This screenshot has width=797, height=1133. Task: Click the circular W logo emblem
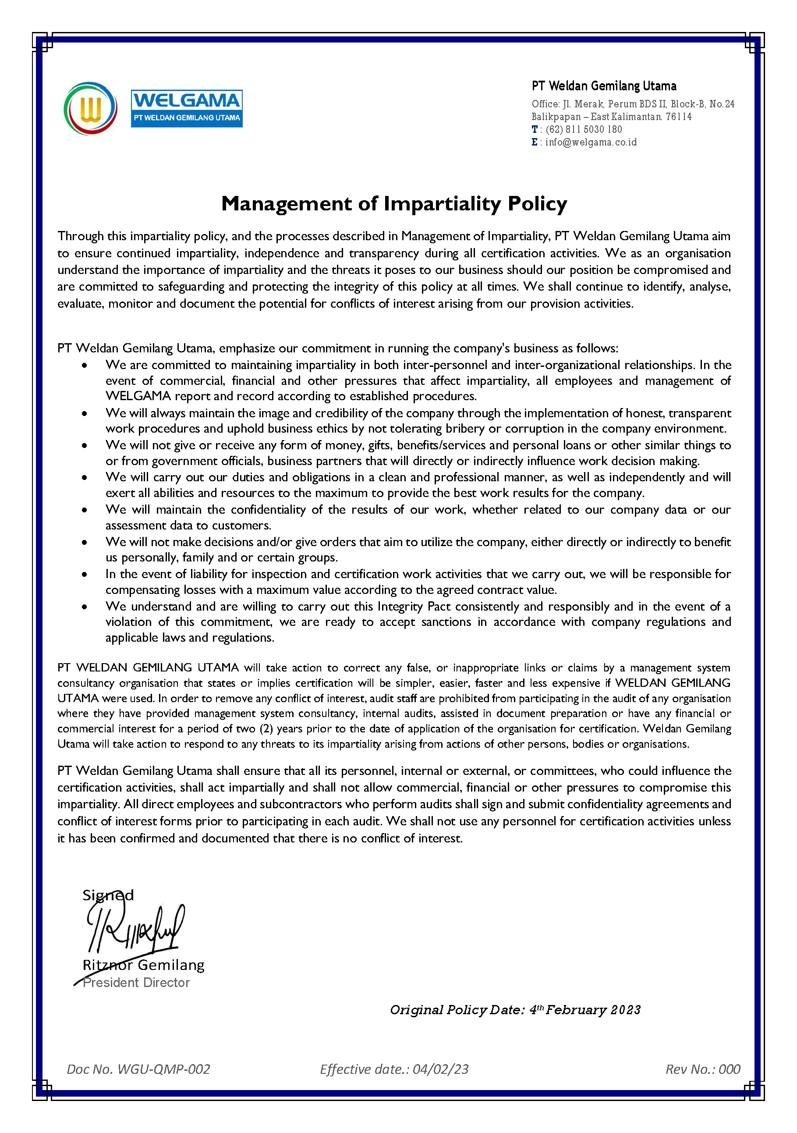(x=90, y=109)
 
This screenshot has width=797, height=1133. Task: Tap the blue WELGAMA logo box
(x=186, y=109)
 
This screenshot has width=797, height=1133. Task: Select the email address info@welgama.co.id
(x=591, y=142)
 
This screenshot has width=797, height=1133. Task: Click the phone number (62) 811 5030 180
(x=584, y=129)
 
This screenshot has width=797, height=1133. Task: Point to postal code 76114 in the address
(x=678, y=117)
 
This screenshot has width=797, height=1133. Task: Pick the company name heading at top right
(x=604, y=86)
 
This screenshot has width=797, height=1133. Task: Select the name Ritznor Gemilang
(x=143, y=965)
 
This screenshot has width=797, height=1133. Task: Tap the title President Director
(x=136, y=983)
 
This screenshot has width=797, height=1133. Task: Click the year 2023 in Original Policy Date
(x=625, y=1010)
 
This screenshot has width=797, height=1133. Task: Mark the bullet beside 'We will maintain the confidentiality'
(x=85, y=510)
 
